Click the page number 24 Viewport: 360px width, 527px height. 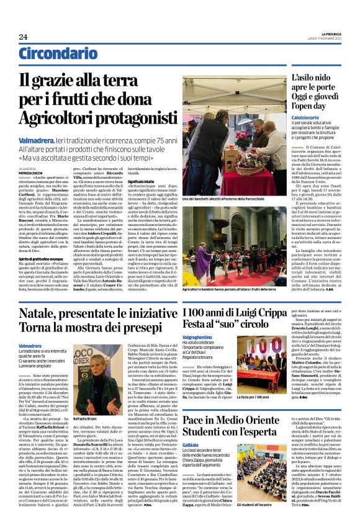click(x=23, y=37)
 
